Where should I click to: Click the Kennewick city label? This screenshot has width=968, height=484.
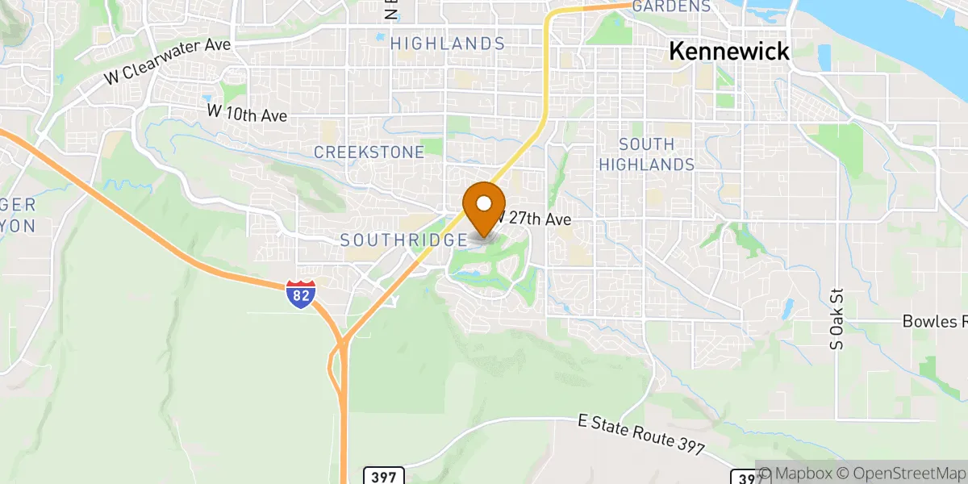[729, 51]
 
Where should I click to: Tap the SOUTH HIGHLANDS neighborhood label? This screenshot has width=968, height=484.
[657, 154]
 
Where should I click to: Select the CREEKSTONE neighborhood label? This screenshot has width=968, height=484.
[369, 152]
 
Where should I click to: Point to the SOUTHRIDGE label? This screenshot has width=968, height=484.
[403, 240]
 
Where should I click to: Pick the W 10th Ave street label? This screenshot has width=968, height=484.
[247, 115]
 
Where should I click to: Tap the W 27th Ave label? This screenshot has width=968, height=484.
[535, 219]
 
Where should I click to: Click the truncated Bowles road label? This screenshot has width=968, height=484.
[934, 322]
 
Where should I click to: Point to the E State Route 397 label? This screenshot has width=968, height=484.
[642, 436]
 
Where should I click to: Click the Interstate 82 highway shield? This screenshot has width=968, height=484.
[299, 295]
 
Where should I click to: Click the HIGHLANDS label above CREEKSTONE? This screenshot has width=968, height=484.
[448, 44]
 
